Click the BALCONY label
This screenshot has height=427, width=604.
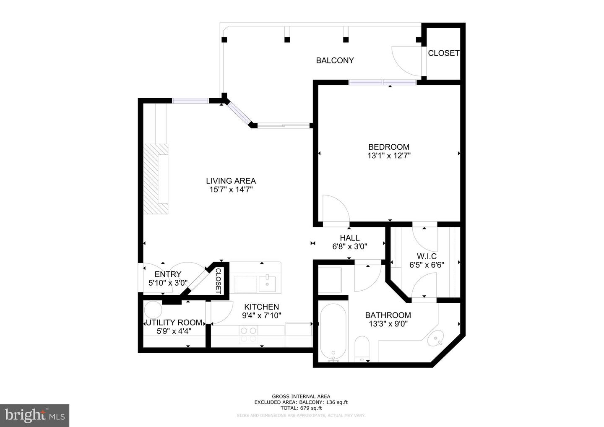click(x=335, y=60)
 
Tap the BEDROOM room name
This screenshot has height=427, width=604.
click(x=388, y=147)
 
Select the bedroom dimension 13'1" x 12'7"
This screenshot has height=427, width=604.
click(x=388, y=156)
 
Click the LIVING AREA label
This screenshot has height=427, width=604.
click(x=231, y=181)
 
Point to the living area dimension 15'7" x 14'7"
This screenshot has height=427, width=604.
click(x=231, y=190)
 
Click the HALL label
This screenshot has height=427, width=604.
click(x=349, y=238)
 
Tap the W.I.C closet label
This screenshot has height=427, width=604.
click(x=427, y=256)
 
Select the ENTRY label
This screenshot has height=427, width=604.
click(x=168, y=274)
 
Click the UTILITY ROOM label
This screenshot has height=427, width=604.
click(x=174, y=323)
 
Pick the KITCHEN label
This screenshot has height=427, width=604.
click(x=261, y=307)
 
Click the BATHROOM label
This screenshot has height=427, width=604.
click(x=388, y=315)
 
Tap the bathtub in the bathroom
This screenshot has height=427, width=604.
click(x=333, y=331)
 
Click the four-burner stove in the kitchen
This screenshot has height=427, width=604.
click(x=248, y=334)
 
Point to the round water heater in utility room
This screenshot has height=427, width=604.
click(x=153, y=310)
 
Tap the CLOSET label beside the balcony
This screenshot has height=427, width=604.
click(x=443, y=53)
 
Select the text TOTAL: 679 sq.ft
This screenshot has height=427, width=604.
click(x=301, y=408)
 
